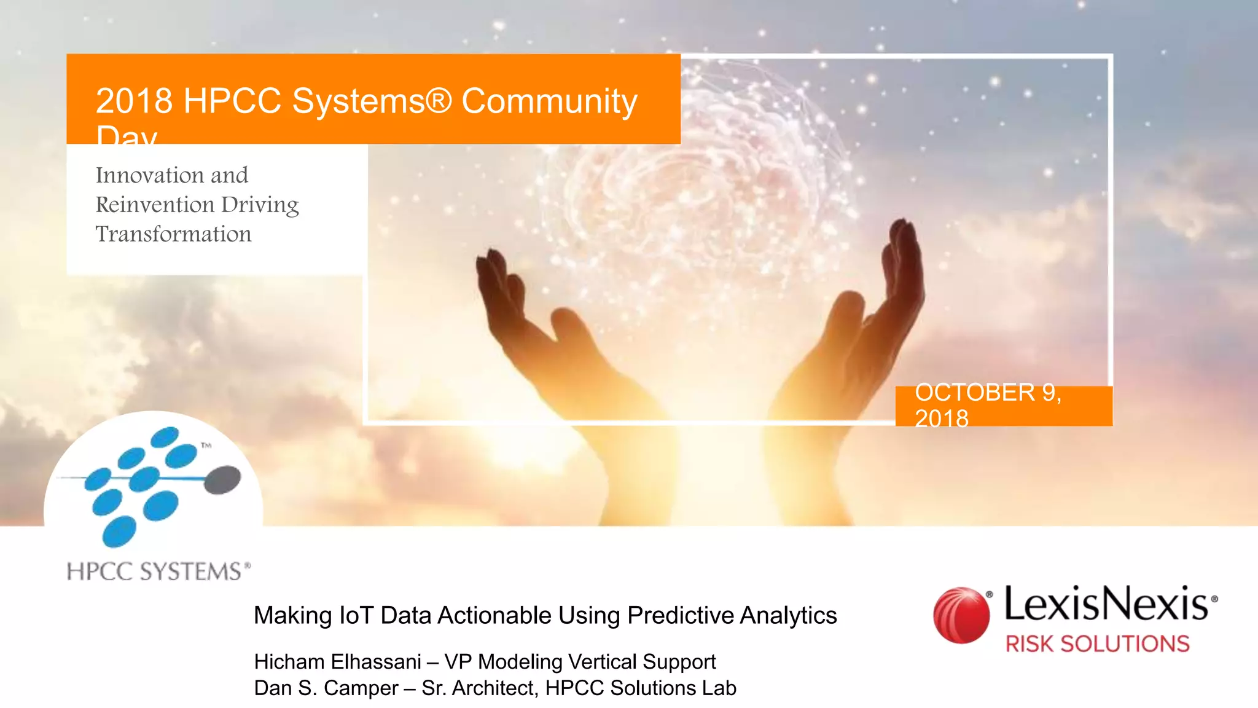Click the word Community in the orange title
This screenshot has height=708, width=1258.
[549, 101]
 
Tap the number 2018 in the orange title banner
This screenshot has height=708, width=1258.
[134, 101]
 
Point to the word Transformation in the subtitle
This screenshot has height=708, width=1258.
[174, 234]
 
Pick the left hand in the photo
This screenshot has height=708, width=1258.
[541, 326]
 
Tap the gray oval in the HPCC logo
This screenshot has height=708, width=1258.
[222, 479]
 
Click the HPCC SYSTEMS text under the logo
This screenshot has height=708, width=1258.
[155, 572]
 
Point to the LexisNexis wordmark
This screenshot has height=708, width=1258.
[1106, 604]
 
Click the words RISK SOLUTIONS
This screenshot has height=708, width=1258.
[1097, 644]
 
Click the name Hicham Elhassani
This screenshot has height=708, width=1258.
[337, 662]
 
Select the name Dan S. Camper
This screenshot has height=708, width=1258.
[326, 688]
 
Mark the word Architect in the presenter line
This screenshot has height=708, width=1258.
[494, 688]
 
